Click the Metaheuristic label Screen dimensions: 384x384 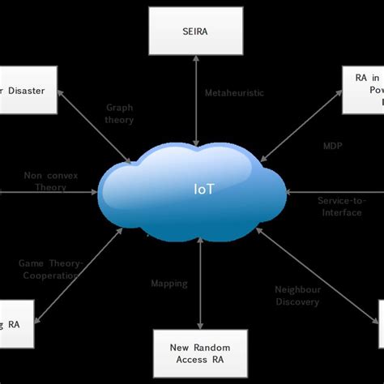point(233,92)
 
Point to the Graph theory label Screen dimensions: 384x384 point(120,113)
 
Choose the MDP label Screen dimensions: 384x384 point(333,147)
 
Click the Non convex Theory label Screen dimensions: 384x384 point(45,180)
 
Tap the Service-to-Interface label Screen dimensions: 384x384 point(341,205)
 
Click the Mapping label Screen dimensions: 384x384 point(169,284)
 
